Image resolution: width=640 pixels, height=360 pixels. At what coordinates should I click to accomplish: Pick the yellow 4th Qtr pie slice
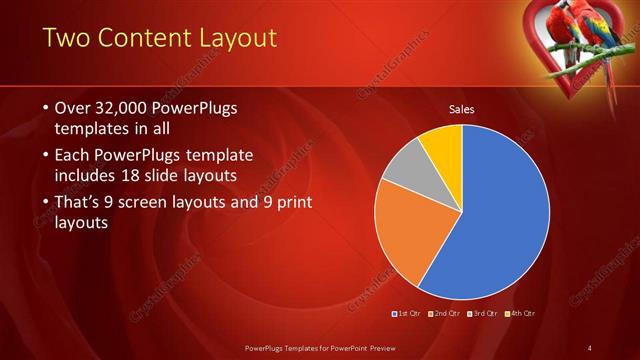441,146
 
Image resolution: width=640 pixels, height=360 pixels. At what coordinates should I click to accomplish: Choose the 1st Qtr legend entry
408,314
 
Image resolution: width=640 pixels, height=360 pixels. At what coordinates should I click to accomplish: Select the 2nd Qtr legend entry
446,314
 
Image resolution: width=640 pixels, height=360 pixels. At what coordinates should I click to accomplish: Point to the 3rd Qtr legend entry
484,314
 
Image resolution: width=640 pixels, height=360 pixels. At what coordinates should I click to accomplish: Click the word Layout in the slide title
237,39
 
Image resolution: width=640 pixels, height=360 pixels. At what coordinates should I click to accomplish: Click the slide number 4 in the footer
590,347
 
